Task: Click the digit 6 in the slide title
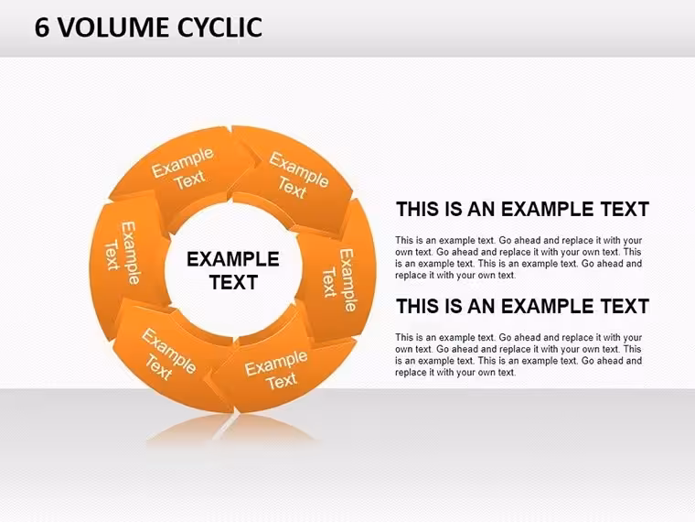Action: (x=42, y=27)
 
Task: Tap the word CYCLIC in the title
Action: (x=219, y=27)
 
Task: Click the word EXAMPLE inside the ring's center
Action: (x=232, y=259)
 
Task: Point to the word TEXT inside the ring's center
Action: (x=233, y=282)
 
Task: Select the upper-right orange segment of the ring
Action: (x=294, y=178)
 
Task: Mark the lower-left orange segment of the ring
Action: (x=168, y=355)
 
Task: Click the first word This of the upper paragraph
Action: (x=404, y=241)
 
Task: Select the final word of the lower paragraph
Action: (x=506, y=373)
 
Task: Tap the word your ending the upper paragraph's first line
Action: (x=633, y=241)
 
